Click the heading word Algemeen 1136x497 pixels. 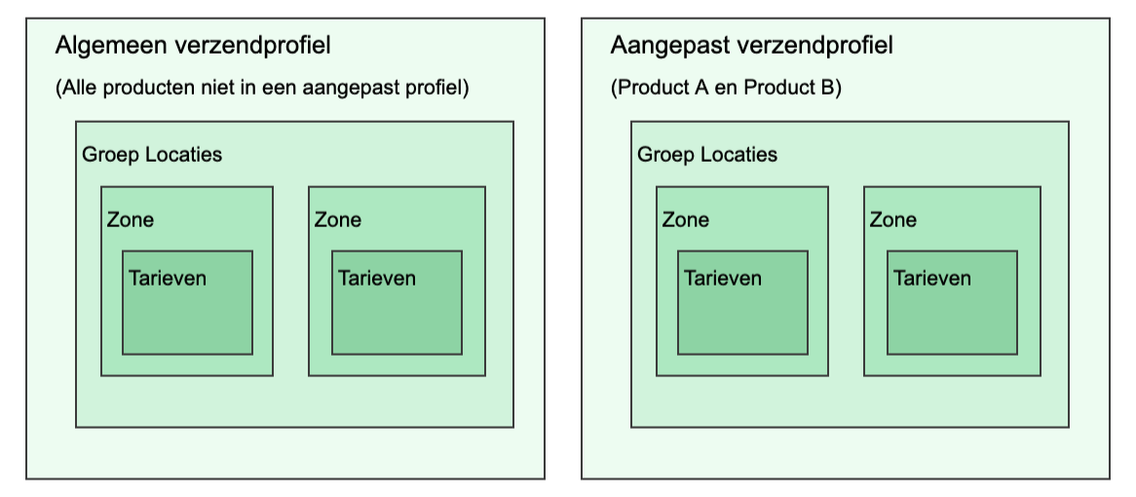click(x=101, y=46)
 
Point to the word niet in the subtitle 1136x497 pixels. click(x=214, y=89)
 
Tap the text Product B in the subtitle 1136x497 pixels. click(x=790, y=89)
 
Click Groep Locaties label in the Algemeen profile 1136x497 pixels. click(x=152, y=155)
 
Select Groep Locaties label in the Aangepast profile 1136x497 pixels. click(x=707, y=155)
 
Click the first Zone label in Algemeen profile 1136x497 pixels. click(x=131, y=220)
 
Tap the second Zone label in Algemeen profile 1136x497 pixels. click(x=338, y=220)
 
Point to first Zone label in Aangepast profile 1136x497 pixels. click(x=686, y=220)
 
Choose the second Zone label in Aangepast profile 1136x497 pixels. click(x=893, y=220)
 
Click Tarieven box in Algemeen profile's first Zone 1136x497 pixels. click(x=187, y=302)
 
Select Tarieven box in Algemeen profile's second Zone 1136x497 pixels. click(x=397, y=302)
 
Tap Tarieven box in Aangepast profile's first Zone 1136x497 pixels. click(x=742, y=302)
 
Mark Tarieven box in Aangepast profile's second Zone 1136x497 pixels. click(x=952, y=302)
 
